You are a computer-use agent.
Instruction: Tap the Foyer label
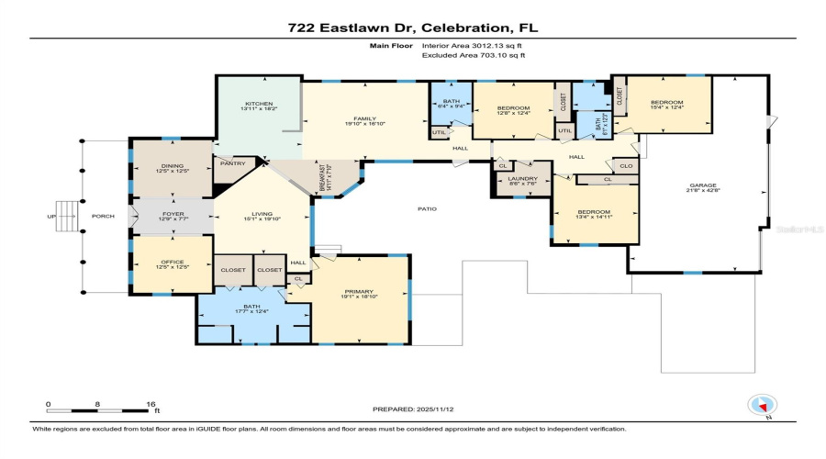click(173, 217)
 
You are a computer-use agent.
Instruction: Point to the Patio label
click(427, 208)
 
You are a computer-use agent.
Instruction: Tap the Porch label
click(103, 218)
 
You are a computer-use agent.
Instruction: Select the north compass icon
click(762, 405)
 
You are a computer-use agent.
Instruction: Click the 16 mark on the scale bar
click(151, 404)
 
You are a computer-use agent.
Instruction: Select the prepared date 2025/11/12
click(436, 409)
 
